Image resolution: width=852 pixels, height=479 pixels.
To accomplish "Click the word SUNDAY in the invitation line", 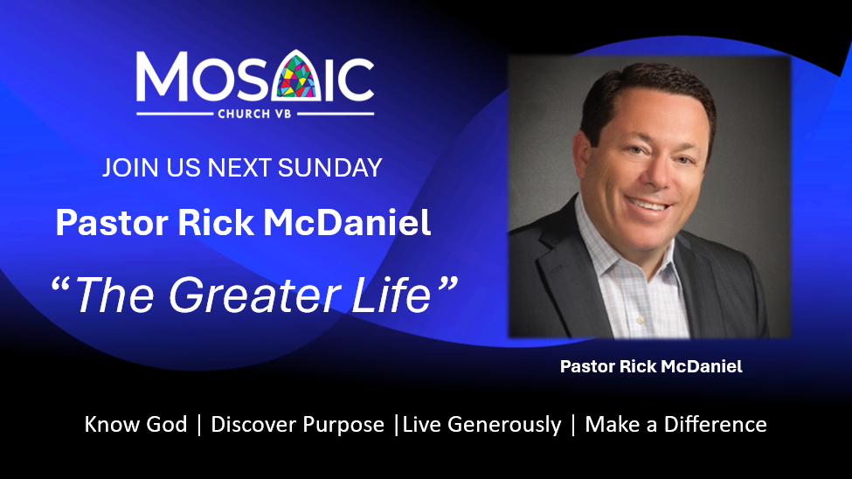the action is click(x=329, y=168).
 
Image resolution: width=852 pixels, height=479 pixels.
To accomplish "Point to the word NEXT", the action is click(x=240, y=168).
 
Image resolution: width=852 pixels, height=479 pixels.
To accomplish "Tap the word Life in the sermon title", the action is click(x=391, y=295).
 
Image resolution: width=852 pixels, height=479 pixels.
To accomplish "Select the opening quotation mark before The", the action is click(x=61, y=286).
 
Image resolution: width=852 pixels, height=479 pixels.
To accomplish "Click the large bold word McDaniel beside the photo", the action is click(x=347, y=222).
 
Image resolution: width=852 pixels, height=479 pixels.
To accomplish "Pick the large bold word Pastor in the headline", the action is click(x=112, y=223).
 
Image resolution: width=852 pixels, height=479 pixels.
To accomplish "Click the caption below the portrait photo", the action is click(x=651, y=366).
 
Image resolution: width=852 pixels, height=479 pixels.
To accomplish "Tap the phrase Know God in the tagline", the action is click(x=135, y=425).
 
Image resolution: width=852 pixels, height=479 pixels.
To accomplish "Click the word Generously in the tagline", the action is click(x=504, y=425).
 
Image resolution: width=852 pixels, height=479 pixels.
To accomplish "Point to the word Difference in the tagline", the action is click(x=715, y=425).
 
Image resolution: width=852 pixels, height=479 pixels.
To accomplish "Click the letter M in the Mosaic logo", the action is click(x=162, y=76).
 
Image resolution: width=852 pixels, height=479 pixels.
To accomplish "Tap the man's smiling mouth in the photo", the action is click(x=648, y=205).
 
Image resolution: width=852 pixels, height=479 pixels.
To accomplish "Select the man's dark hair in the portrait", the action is click(x=649, y=90).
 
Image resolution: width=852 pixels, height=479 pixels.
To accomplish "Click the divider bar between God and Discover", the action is click(x=199, y=425).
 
